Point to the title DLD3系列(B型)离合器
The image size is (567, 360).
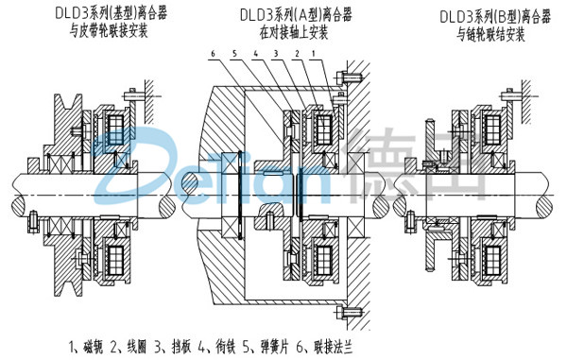coord(487,16)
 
